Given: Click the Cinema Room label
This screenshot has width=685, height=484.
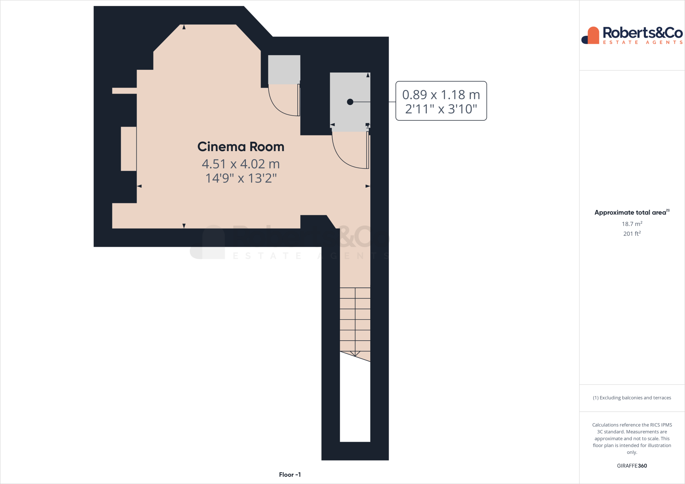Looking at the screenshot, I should pos(240,147).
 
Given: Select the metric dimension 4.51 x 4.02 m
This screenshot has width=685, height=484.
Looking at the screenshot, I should pos(240,164).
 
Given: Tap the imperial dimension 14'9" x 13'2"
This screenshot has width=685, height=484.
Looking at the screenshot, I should pos(240,178).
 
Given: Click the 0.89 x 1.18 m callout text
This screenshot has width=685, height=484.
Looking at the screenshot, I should pos(441,95).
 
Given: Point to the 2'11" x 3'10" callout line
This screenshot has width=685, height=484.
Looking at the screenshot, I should pos(441,109).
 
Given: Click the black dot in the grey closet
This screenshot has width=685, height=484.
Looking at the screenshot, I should pos(350,102).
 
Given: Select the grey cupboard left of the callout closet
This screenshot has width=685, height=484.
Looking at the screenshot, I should pos(284,70).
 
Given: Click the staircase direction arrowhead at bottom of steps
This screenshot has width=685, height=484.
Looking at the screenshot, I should pos(355,354).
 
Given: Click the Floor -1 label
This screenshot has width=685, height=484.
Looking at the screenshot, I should pos(290,475).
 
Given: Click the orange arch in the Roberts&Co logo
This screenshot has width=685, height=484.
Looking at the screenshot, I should pos(593,35).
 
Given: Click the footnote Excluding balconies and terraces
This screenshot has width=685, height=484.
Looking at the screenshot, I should pos(631,398).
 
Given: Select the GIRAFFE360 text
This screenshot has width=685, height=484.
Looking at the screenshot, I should pos(631,466).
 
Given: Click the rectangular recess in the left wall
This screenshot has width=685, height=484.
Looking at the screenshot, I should pos(128,149).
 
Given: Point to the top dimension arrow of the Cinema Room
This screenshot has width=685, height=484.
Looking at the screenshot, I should pos(184,27).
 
